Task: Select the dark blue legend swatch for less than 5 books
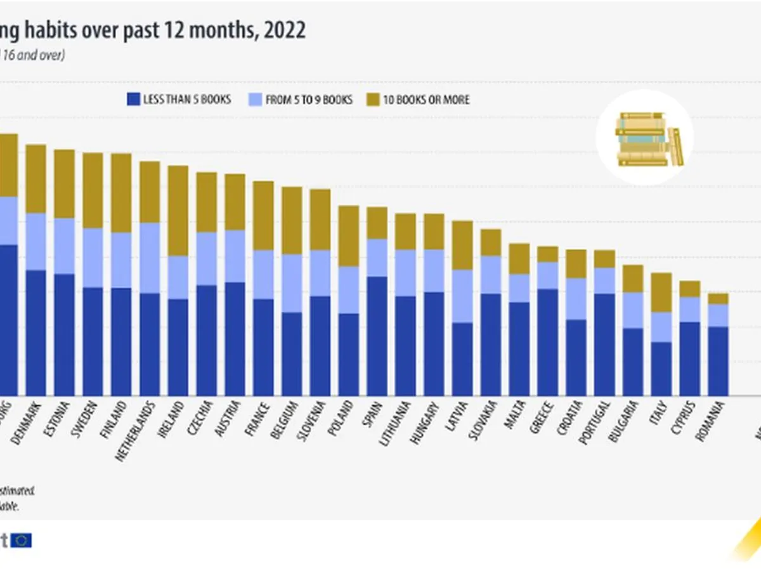tap(133, 100)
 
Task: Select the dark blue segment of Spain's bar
tap(377, 336)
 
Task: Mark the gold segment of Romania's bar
tap(718, 299)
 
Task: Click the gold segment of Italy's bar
tap(661, 292)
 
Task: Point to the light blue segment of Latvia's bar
tap(463, 296)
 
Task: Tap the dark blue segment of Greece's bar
tap(548, 342)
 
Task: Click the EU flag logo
tap(22, 540)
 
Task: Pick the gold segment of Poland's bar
tap(349, 236)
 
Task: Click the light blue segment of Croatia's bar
tap(576, 299)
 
